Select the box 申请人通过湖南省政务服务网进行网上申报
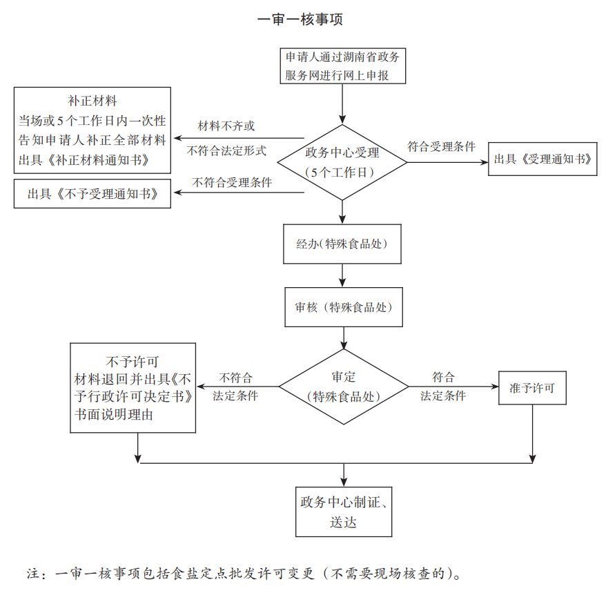342,66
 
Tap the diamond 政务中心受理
342,163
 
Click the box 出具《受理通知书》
543,159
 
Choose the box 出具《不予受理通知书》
93,194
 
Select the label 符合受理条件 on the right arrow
441,146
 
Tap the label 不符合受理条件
232,183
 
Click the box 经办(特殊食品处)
342,244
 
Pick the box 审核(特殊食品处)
344,307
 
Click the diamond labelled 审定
344,387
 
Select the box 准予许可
532,388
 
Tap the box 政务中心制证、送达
344,511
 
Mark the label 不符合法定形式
226,150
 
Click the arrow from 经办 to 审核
343,275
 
